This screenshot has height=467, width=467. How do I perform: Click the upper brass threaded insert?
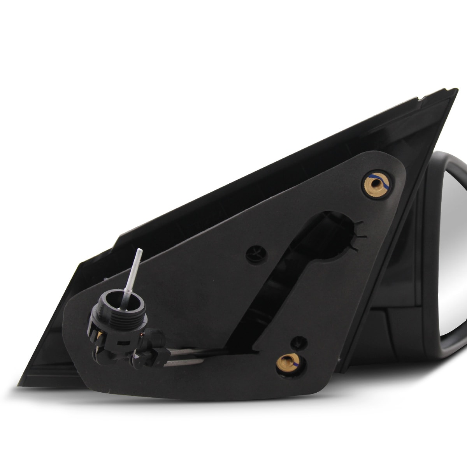(376, 183)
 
